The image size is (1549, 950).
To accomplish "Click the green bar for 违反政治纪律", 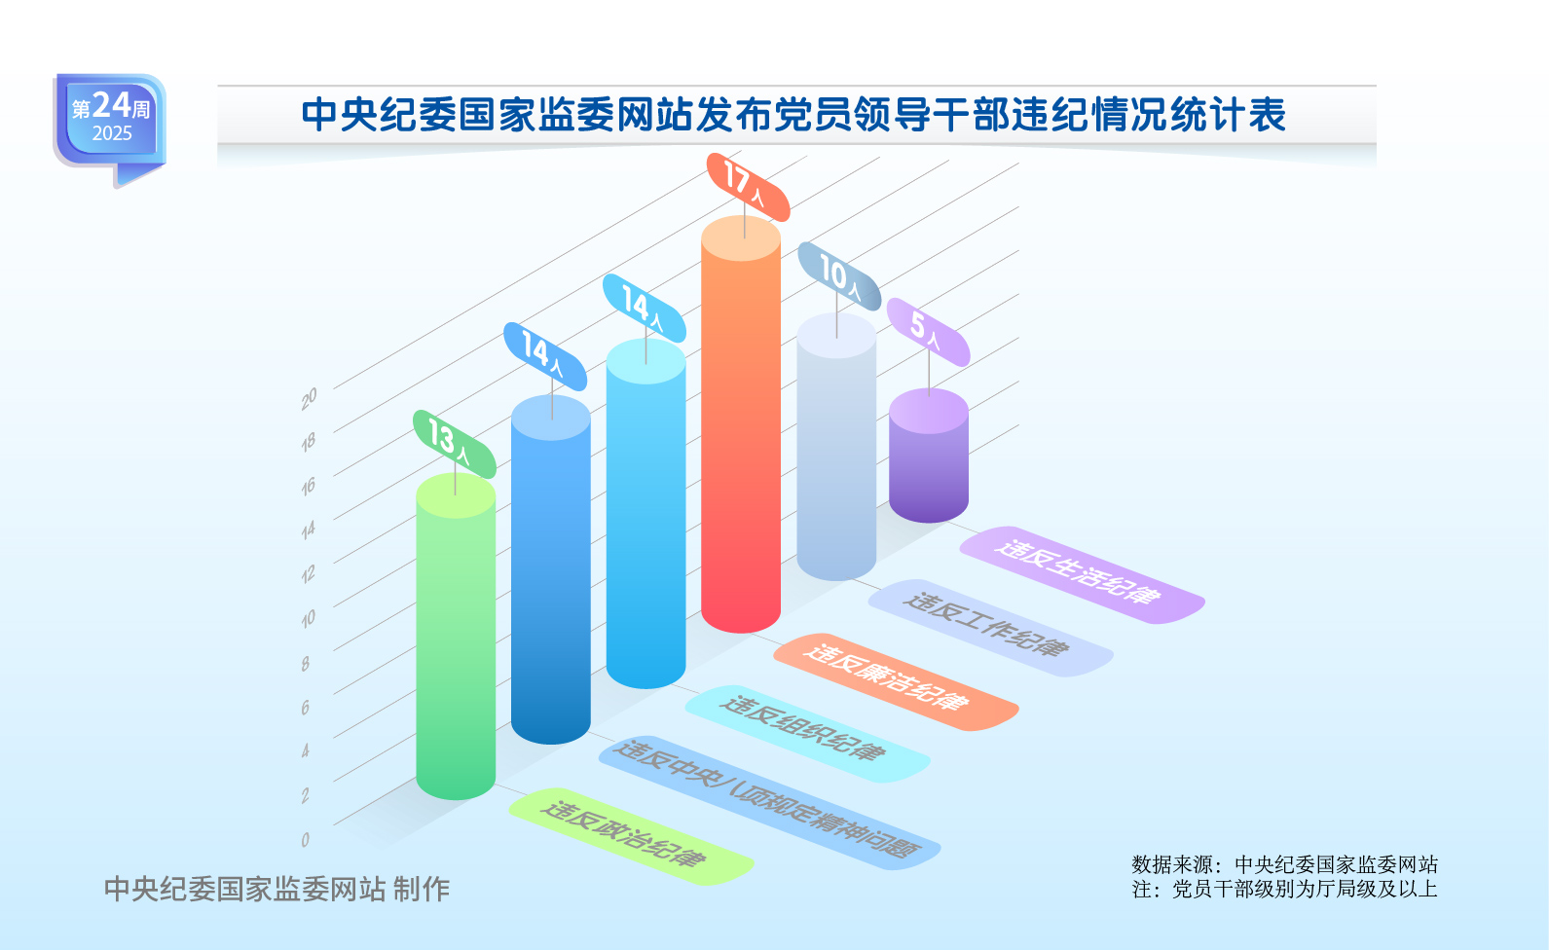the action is point(456,637).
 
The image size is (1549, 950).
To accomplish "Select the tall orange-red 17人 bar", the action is point(741,423).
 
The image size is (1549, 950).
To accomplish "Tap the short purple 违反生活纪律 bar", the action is point(928,455).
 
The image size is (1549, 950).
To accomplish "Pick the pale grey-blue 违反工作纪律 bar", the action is point(836,446).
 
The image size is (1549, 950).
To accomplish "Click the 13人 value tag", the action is point(455,444).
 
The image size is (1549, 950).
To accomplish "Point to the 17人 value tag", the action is point(748,188).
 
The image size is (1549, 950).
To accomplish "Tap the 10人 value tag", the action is point(839,275).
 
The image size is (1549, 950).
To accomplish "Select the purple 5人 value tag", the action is point(928,332).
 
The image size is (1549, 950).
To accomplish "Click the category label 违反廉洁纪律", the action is point(897,681).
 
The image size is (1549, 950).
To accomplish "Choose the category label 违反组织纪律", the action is point(808,734).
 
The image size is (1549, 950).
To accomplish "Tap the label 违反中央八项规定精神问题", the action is point(769,803).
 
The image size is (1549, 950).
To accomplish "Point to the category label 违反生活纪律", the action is point(1083,575).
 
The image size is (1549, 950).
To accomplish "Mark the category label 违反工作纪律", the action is point(991,628).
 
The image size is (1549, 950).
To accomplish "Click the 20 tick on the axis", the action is point(309,398).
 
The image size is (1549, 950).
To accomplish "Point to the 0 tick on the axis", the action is point(305,839).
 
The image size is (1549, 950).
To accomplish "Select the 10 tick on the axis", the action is point(308,618).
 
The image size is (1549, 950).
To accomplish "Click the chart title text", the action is point(793,115).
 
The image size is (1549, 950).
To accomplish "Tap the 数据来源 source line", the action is point(1284,864).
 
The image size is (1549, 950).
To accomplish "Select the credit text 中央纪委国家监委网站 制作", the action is point(277,889).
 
